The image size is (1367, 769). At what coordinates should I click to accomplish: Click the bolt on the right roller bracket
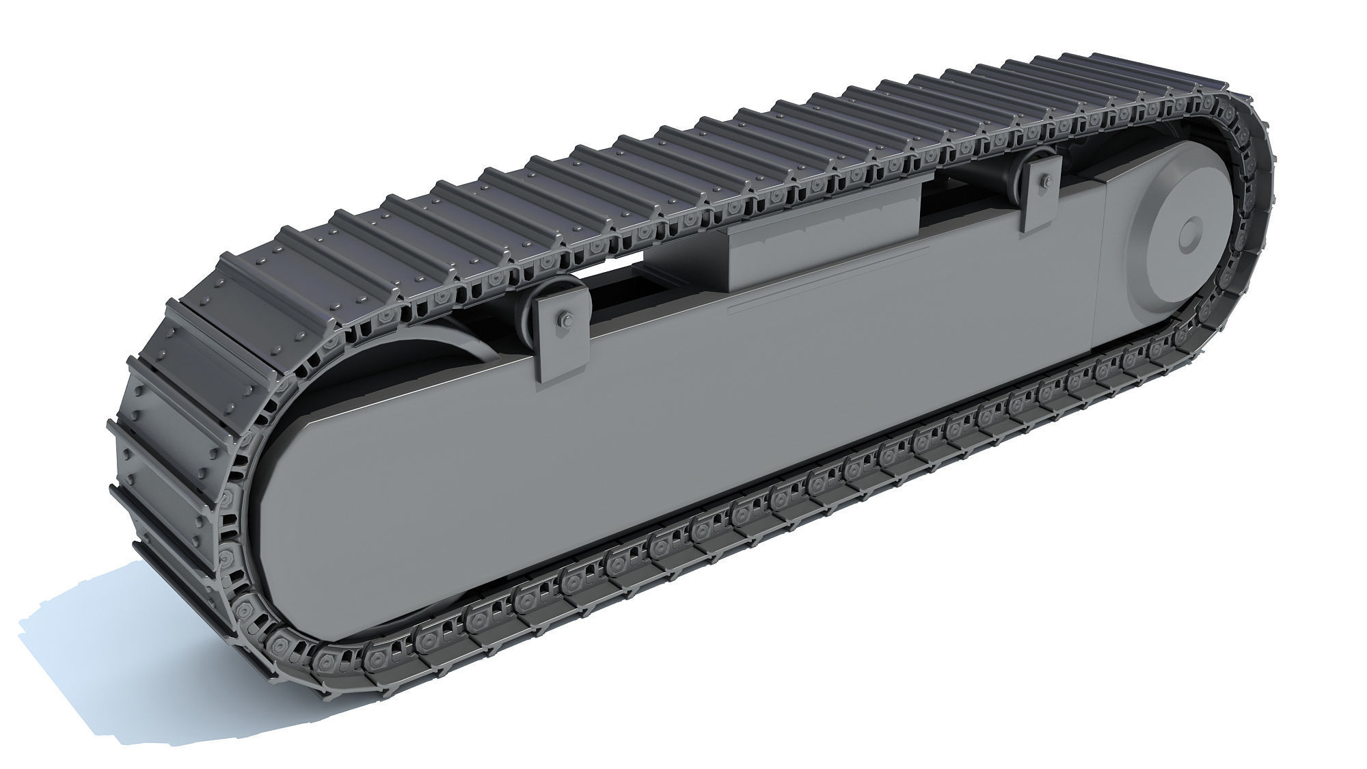(x=1045, y=182)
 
